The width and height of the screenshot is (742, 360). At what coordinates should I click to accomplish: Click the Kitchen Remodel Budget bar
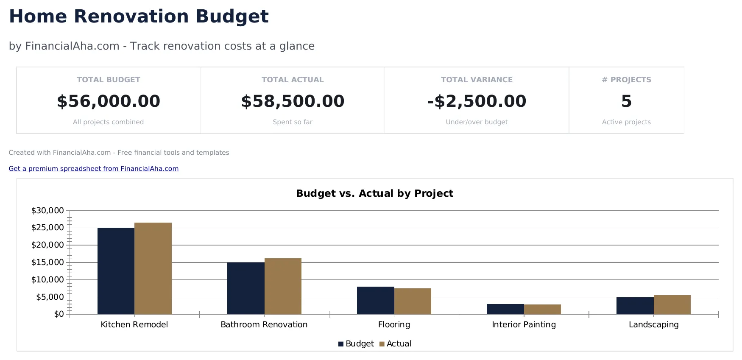coord(116,271)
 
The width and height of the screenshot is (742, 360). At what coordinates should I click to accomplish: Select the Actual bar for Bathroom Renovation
coord(283,286)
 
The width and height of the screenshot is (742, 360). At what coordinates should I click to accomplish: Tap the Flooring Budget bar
coord(375,300)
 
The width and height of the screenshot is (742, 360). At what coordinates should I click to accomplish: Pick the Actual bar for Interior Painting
coord(542,309)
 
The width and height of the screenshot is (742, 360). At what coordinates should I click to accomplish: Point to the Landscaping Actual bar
coord(672,304)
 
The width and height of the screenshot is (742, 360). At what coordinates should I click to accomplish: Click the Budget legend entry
coord(356,344)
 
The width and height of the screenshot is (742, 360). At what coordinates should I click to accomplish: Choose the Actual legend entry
coord(395,344)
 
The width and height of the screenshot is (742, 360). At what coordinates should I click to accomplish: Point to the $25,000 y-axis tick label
coord(47,228)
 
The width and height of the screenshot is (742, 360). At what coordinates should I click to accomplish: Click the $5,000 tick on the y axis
coord(50,297)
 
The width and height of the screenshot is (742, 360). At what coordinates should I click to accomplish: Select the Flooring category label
coord(394,325)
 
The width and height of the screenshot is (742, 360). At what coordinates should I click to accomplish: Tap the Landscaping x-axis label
coord(653,325)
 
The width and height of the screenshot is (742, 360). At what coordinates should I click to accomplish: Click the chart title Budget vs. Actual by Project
coord(374,193)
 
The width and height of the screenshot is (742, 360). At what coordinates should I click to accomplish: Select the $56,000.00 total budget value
coord(109,101)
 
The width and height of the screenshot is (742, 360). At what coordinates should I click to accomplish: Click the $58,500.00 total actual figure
coord(293,101)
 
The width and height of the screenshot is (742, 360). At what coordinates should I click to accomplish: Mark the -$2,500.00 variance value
coord(477,101)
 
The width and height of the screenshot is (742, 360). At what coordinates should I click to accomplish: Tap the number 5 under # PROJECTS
coord(626,101)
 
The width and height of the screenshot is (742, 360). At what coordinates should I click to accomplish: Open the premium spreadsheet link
coord(94,169)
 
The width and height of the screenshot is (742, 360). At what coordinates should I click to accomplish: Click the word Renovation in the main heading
coord(131,17)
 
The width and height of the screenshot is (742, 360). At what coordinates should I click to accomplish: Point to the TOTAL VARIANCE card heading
coord(477,80)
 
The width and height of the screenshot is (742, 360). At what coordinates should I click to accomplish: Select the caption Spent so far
coord(293,122)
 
